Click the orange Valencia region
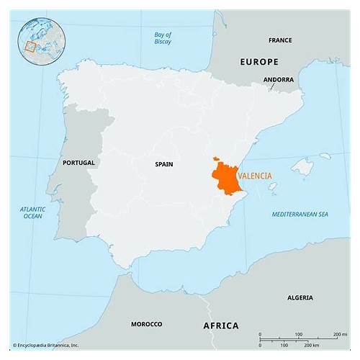pos(228,179)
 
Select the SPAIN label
pos(163,164)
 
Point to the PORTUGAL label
pos(78,163)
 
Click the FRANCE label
pos(280,40)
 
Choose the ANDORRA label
pos(278,79)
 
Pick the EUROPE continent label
pos(258,62)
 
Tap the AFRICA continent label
pos(220,325)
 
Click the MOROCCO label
pos(145,324)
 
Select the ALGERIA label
pos(300,297)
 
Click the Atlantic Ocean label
pos(32,212)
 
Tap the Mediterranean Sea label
pos(300,215)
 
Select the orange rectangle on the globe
pos(30,47)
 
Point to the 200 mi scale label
pos(340,335)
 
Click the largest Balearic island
pos(302,168)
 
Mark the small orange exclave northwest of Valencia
pos(215,159)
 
